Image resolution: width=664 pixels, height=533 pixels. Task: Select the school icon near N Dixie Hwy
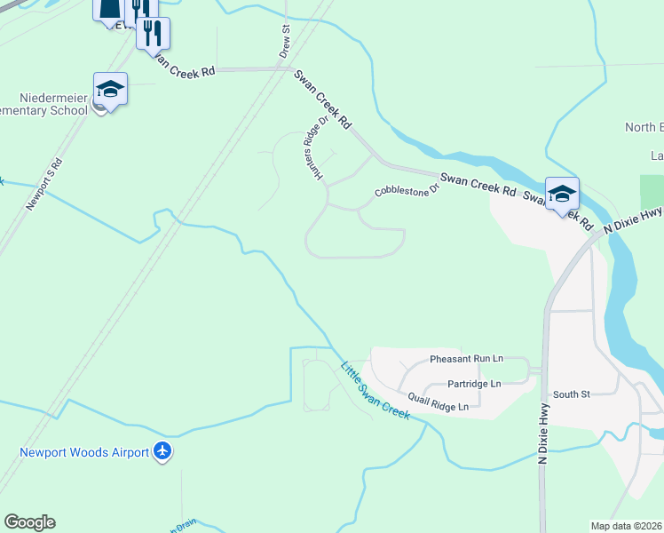coord(562,195)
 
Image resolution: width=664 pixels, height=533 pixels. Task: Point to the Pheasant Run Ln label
coord(466,359)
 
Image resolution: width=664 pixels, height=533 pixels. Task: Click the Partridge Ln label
coord(474,384)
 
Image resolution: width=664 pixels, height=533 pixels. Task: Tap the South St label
coord(571,394)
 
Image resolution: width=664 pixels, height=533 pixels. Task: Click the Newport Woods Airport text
coord(84,452)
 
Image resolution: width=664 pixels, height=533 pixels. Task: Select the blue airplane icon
coord(162,451)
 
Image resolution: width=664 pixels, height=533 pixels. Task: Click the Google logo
coord(29,522)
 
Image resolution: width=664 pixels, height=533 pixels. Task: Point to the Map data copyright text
coord(627,526)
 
